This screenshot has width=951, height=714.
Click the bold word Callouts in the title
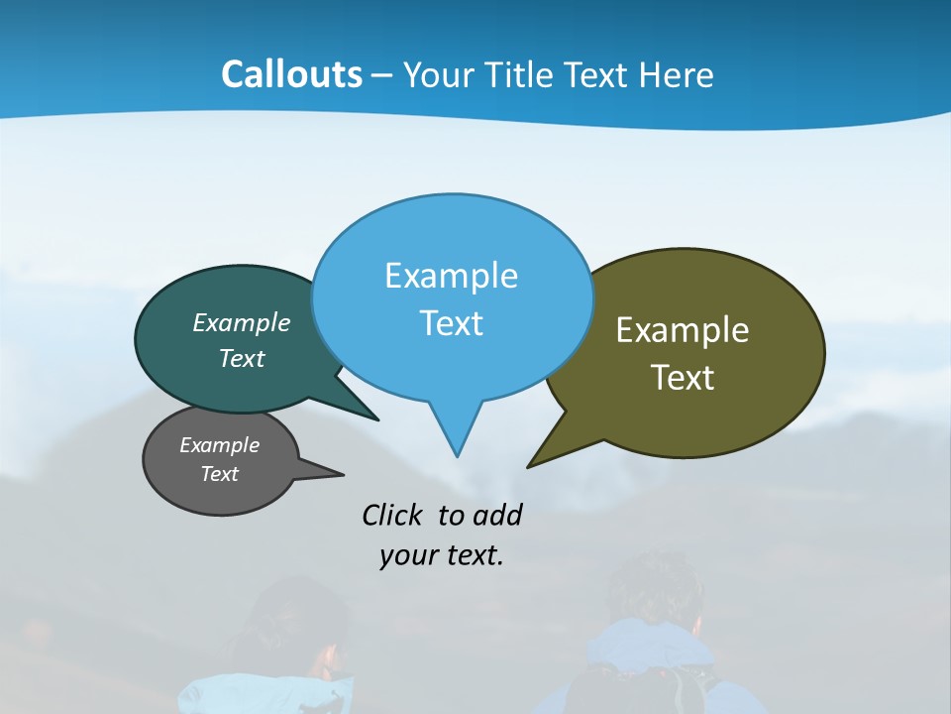pyautogui.click(x=291, y=74)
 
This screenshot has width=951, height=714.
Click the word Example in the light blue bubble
pyautogui.click(x=451, y=276)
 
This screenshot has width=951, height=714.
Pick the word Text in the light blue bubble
pyautogui.click(x=451, y=323)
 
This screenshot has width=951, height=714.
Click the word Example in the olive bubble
pyautogui.click(x=683, y=330)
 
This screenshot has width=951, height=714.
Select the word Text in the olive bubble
pyautogui.click(x=683, y=378)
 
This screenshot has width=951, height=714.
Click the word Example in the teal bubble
pyautogui.click(x=242, y=323)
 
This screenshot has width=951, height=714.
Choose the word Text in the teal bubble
pyautogui.click(x=242, y=359)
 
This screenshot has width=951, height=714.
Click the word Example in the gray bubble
pyautogui.click(x=219, y=445)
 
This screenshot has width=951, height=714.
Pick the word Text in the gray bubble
pyautogui.click(x=219, y=474)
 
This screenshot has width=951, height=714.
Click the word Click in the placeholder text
pyautogui.click(x=392, y=515)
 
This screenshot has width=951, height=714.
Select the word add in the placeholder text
pyautogui.click(x=496, y=515)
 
